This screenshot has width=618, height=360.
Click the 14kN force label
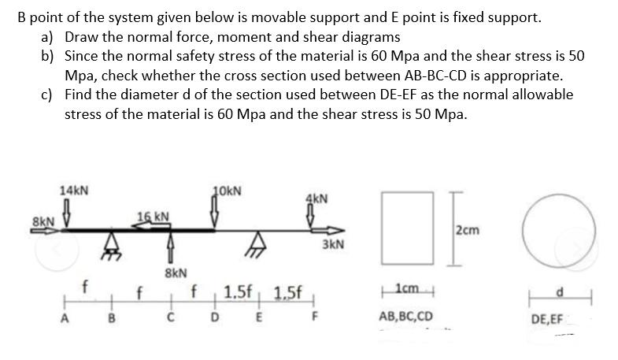[74, 191]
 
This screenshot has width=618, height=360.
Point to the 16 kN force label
[151, 217]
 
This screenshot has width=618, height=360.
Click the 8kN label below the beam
[175, 273]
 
